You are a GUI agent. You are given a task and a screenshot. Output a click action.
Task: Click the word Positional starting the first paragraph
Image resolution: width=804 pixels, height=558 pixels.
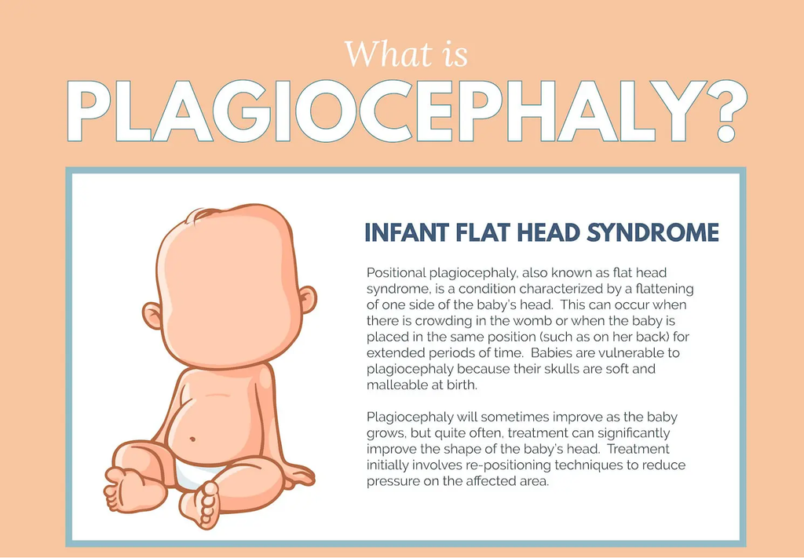(396, 273)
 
